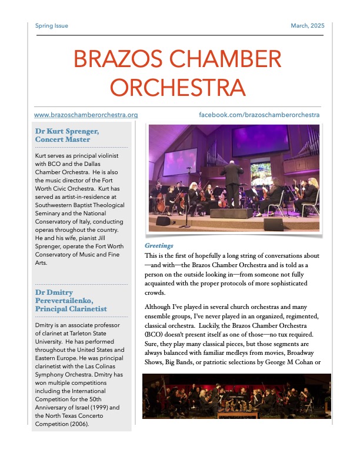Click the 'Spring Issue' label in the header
[52, 26]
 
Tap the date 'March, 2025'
[308, 26]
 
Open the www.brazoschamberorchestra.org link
[86, 115]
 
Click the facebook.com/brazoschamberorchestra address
[259, 115]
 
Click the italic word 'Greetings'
[159, 245]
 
